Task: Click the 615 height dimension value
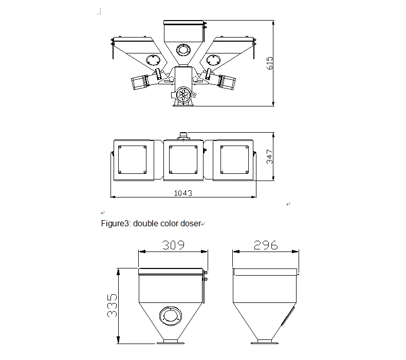click(269, 63)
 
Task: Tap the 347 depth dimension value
click(269, 156)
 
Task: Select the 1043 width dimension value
click(183, 193)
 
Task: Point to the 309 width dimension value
click(174, 245)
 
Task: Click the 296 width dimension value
click(266, 245)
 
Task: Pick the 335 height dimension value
click(112, 305)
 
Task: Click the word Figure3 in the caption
click(115, 223)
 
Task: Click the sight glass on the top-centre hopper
click(183, 49)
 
